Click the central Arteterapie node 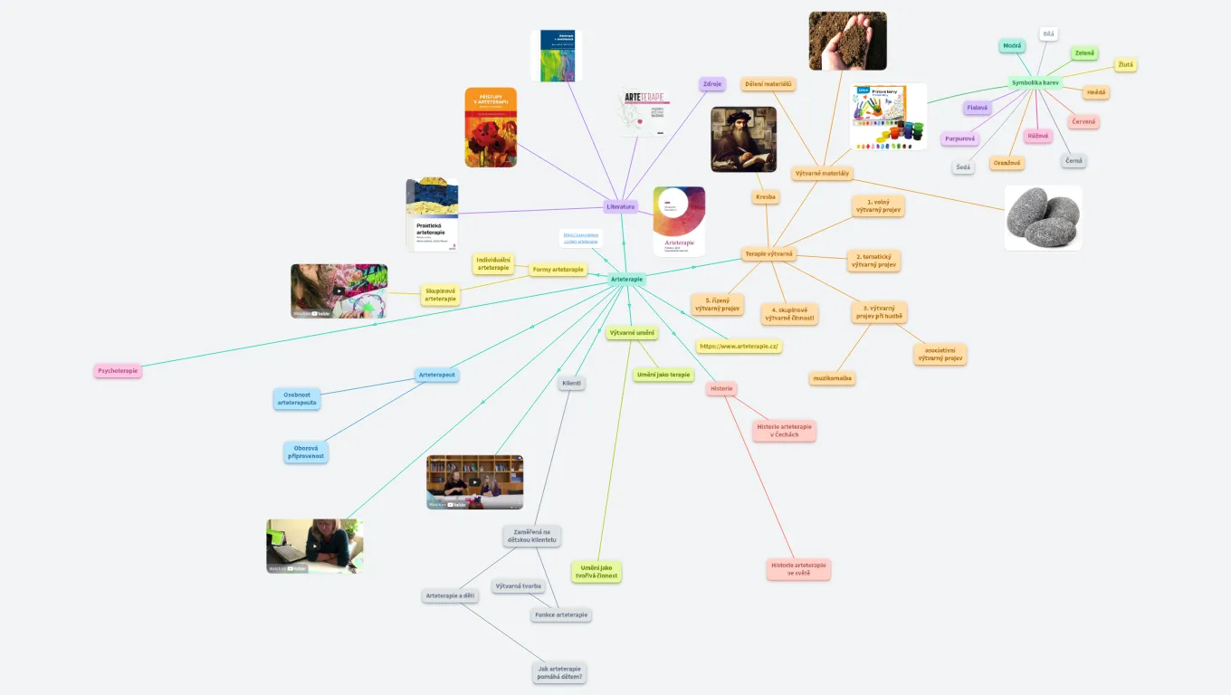coord(626,279)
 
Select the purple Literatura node coord(621,206)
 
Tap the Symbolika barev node coord(1035,82)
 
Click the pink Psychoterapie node coord(118,370)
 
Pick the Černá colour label coord(1074,160)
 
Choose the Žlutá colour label coord(1125,65)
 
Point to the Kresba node coord(765,196)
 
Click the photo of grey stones coord(1043,217)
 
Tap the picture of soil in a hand coord(847,41)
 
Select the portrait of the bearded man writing coord(743,139)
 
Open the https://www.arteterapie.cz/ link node coord(739,346)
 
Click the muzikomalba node coord(832,377)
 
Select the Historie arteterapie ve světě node coord(797,568)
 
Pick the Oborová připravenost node coord(306,452)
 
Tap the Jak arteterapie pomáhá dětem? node coord(559,672)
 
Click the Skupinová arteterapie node coord(441,294)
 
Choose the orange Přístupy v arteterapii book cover coord(491,128)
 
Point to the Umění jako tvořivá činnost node coord(596,571)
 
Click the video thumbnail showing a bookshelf coord(474,481)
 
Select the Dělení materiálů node coord(768,84)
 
